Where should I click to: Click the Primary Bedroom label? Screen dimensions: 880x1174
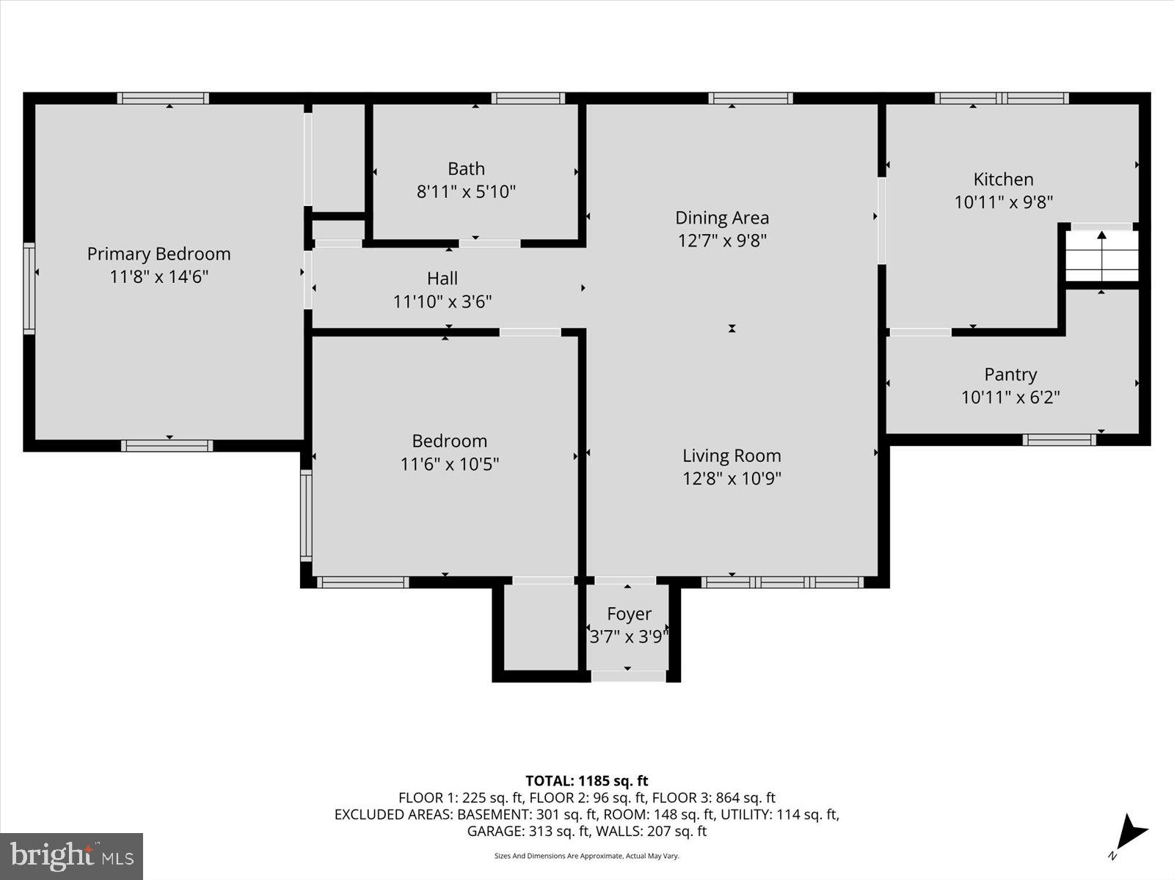click(x=158, y=254)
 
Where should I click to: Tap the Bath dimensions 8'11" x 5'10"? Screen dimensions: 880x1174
click(x=466, y=192)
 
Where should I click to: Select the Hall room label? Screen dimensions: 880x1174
click(x=442, y=278)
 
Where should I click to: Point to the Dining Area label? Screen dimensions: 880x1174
click(x=722, y=218)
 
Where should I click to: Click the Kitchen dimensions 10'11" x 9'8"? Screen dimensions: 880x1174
click(x=1003, y=202)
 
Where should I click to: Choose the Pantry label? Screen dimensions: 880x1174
click(x=1010, y=374)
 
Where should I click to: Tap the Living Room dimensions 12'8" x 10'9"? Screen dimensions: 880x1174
click(x=732, y=479)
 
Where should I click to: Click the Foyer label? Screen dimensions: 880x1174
click(x=629, y=614)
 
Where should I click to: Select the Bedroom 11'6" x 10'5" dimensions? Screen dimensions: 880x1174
click(x=449, y=464)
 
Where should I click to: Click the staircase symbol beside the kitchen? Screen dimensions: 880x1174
click(x=1101, y=255)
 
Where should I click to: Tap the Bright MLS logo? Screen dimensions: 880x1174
click(x=71, y=856)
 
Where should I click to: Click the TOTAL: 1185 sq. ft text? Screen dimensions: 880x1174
click(x=586, y=781)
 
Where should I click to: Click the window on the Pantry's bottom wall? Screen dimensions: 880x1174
click(x=1059, y=440)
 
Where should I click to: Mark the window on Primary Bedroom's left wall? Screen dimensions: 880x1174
click(x=29, y=288)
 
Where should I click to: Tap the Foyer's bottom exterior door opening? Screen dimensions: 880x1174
click(x=628, y=676)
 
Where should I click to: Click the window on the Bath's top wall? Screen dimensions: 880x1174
click(x=528, y=98)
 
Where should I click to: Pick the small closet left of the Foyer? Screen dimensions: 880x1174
click(x=542, y=627)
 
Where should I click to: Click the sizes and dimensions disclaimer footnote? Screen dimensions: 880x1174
click(x=586, y=856)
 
